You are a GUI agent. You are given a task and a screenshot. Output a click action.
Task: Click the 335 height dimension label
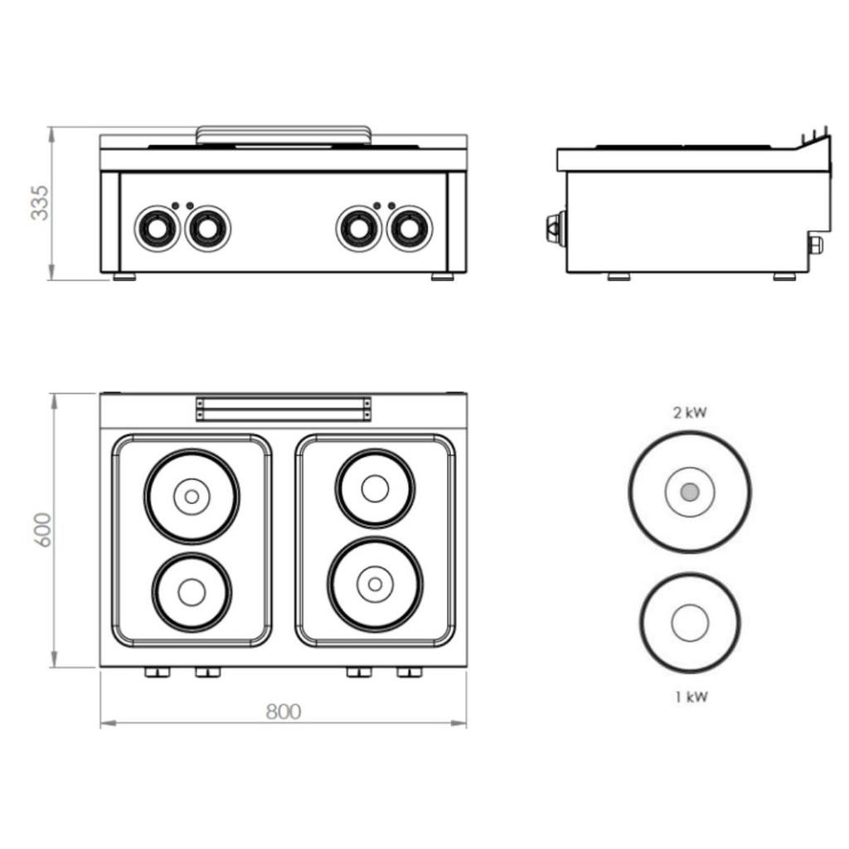pos(39,203)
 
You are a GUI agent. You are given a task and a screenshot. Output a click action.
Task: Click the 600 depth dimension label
pos(42,530)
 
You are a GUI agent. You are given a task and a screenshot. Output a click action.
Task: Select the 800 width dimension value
pos(284,711)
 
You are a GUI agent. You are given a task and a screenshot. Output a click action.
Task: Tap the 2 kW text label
pos(690,412)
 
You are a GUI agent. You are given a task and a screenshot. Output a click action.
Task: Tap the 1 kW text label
pos(691,696)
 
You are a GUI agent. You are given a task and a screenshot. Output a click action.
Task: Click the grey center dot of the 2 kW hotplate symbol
pos(690,492)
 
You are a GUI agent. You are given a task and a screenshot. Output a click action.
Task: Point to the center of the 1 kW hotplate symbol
pos(690,623)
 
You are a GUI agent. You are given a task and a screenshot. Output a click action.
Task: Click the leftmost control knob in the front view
pos(157,228)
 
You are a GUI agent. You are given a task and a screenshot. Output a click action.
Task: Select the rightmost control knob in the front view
pos(409,228)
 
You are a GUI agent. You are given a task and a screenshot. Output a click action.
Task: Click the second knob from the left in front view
pos(207,228)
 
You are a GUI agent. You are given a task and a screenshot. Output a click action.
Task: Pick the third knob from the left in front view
pos(359,228)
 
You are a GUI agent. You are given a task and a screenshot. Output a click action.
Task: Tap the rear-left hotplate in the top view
pos(192,497)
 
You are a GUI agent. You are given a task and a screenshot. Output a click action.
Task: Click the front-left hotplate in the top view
pos(192,591)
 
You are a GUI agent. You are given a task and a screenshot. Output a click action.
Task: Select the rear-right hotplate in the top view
pos(375,488)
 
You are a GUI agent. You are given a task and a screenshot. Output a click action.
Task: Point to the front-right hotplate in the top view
pos(375,585)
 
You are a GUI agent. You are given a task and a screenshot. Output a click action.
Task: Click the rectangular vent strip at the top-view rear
pos(284,409)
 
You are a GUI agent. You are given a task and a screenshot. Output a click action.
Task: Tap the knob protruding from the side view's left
pos(553,228)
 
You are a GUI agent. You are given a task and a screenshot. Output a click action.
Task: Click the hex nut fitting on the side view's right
pos(815,245)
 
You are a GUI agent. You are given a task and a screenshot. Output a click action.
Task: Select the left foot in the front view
pos(124,277)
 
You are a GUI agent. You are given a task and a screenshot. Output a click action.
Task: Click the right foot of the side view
pos(784,277)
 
